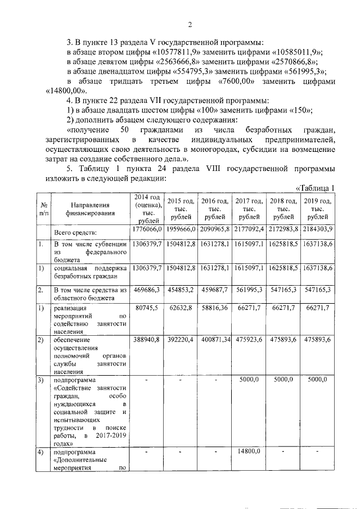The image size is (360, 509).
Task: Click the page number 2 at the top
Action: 190,25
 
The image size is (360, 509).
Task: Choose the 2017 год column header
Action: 249,208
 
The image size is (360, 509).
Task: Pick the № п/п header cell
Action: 43,209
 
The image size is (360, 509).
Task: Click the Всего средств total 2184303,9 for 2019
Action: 318,229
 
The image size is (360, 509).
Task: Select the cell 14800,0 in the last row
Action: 249,451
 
